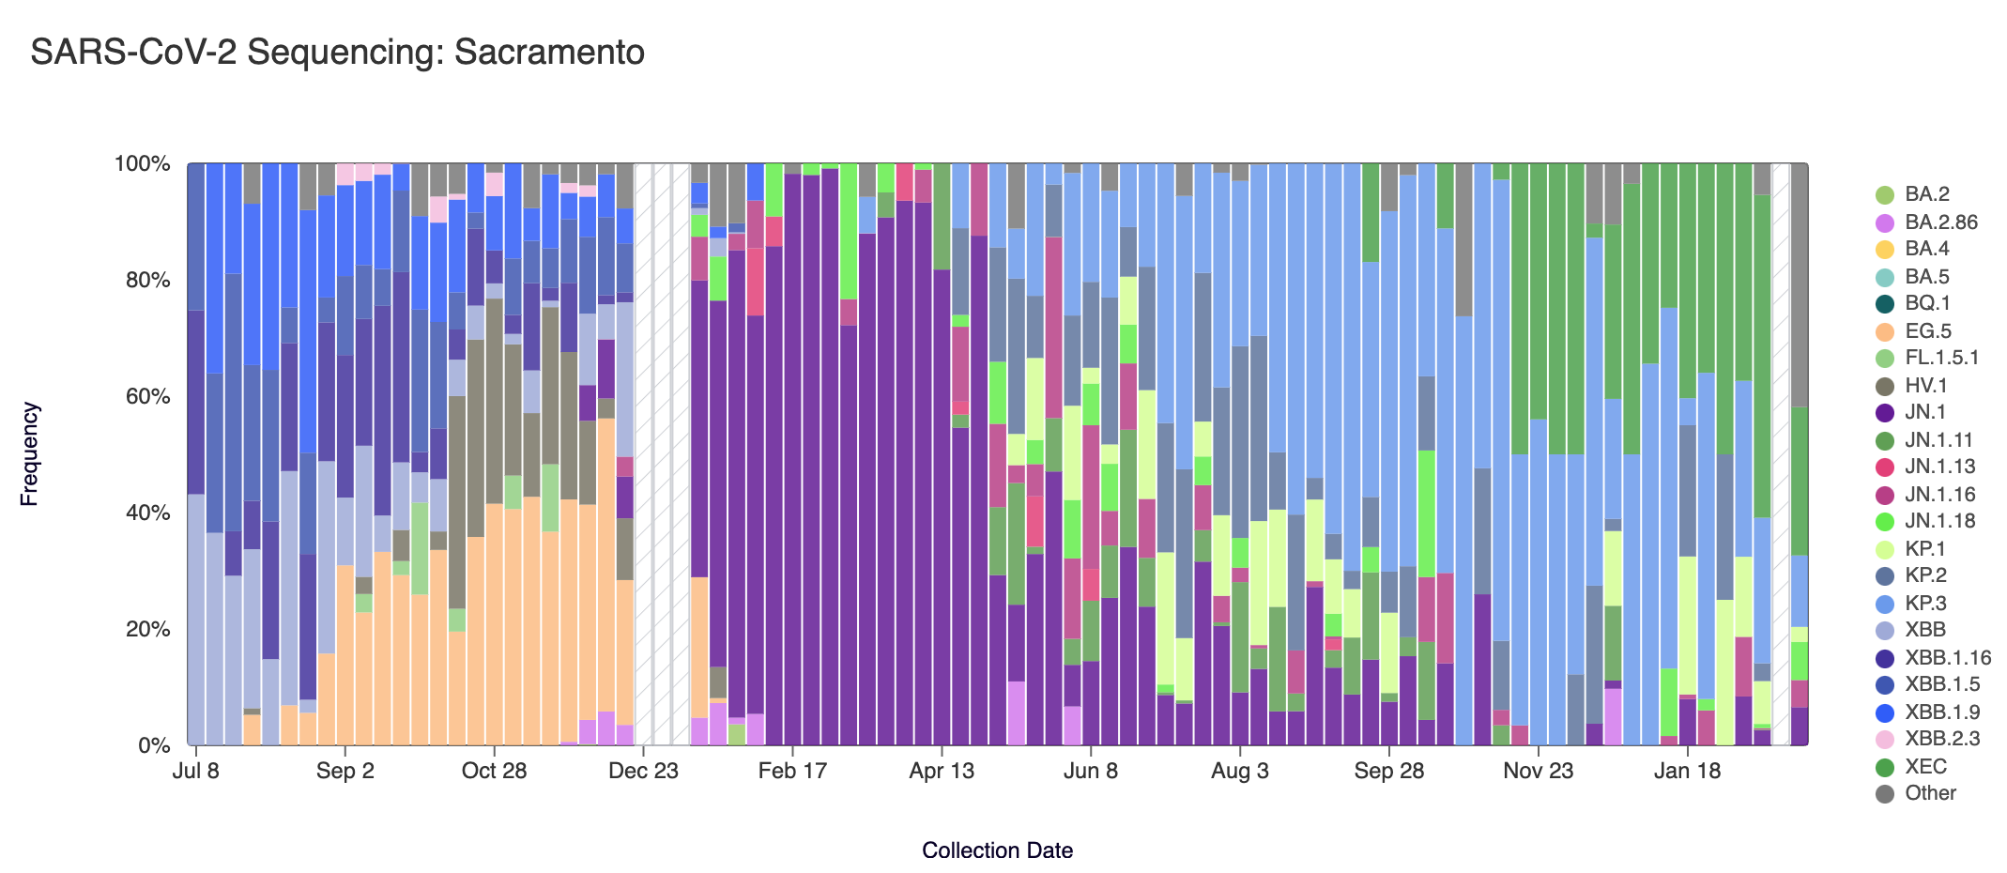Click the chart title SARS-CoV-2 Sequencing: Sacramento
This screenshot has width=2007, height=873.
point(337,53)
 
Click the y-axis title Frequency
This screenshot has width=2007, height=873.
point(30,454)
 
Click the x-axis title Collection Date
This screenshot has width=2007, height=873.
point(997,850)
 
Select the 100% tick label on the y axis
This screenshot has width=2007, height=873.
point(143,164)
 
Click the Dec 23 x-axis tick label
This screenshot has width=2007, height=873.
point(643,772)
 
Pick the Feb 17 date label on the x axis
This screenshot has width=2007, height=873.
point(792,772)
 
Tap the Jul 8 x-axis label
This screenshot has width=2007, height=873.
point(196,772)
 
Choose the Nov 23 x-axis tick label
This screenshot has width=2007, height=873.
point(1538,772)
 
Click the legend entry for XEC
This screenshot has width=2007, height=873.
point(1925,767)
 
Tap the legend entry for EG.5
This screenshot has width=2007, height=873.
point(1927,331)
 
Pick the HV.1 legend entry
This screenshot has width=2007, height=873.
point(1925,386)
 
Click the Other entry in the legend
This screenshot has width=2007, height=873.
point(1930,793)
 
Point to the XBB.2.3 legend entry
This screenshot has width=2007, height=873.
point(1941,739)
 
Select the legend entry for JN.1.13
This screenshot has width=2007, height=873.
point(1939,467)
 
